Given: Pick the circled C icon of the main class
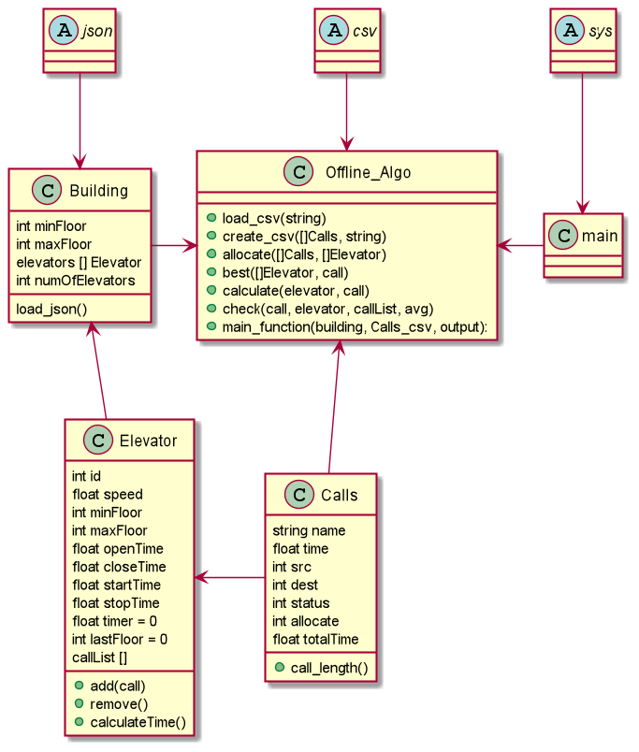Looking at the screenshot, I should click(x=564, y=236).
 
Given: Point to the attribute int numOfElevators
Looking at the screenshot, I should click(x=75, y=281).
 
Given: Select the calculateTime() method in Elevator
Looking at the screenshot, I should click(x=138, y=721).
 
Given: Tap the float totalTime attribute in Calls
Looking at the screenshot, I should click(x=315, y=640).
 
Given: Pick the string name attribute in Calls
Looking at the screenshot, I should click(x=309, y=530).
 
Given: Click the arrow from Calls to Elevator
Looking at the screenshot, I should click(x=229, y=579).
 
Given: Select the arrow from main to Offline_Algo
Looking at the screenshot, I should click(x=520, y=246).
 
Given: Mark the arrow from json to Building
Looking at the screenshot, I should click(x=80, y=117).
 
